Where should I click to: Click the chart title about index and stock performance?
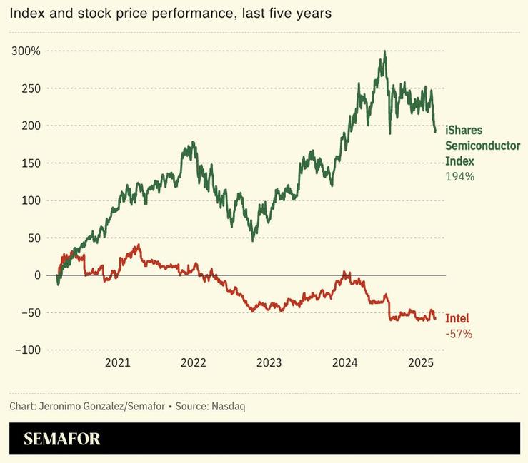170,14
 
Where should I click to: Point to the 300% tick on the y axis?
26,51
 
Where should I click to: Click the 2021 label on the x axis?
118,362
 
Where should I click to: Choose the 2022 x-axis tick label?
194,362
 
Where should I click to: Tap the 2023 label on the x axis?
269,362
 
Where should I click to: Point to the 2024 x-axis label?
345,362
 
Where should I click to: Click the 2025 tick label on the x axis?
421,362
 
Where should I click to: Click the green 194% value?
459,176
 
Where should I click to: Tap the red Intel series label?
457,318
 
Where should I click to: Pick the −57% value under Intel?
459,333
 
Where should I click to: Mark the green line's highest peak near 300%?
384,52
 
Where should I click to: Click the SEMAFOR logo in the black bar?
62,439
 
